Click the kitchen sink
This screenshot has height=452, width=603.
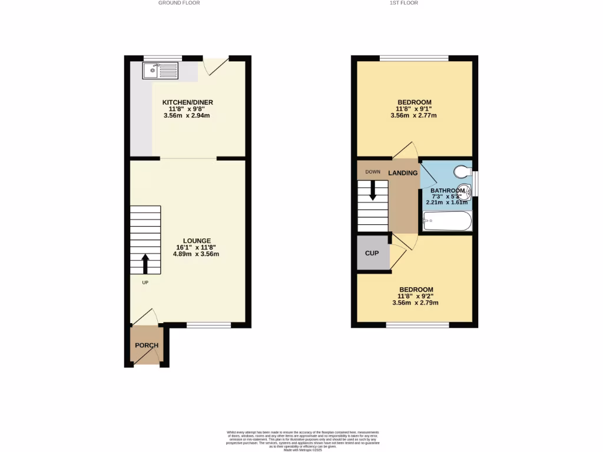pyautogui.click(x=160, y=71)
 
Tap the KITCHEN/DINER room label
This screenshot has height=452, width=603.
pyautogui.click(x=188, y=102)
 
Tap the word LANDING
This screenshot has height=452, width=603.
pyautogui.click(x=403, y=173)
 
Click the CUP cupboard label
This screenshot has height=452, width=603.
pyautogui.click(x=372, y=253)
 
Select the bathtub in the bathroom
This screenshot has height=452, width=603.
pyautogui.click(x=448, y=221)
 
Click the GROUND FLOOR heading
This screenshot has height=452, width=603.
pyautogui.click(x=179, y=3)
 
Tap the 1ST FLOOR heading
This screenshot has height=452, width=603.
pyautogui.click(x=404, y=3)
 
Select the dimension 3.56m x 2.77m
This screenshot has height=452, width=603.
pyautogui.click(x=413, y=116)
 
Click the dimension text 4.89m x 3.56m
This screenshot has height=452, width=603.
pyautogui.click(x=196, y=254)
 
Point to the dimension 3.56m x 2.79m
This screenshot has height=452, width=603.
pyautogui.click(x=416, y=303)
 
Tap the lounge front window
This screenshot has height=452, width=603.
pyautogui.click(x=208, y=325)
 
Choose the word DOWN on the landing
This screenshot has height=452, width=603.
pyautogui.click(x=373, y=172)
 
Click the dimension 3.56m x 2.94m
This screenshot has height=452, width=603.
pyautogui.click(x=187, y=116)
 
